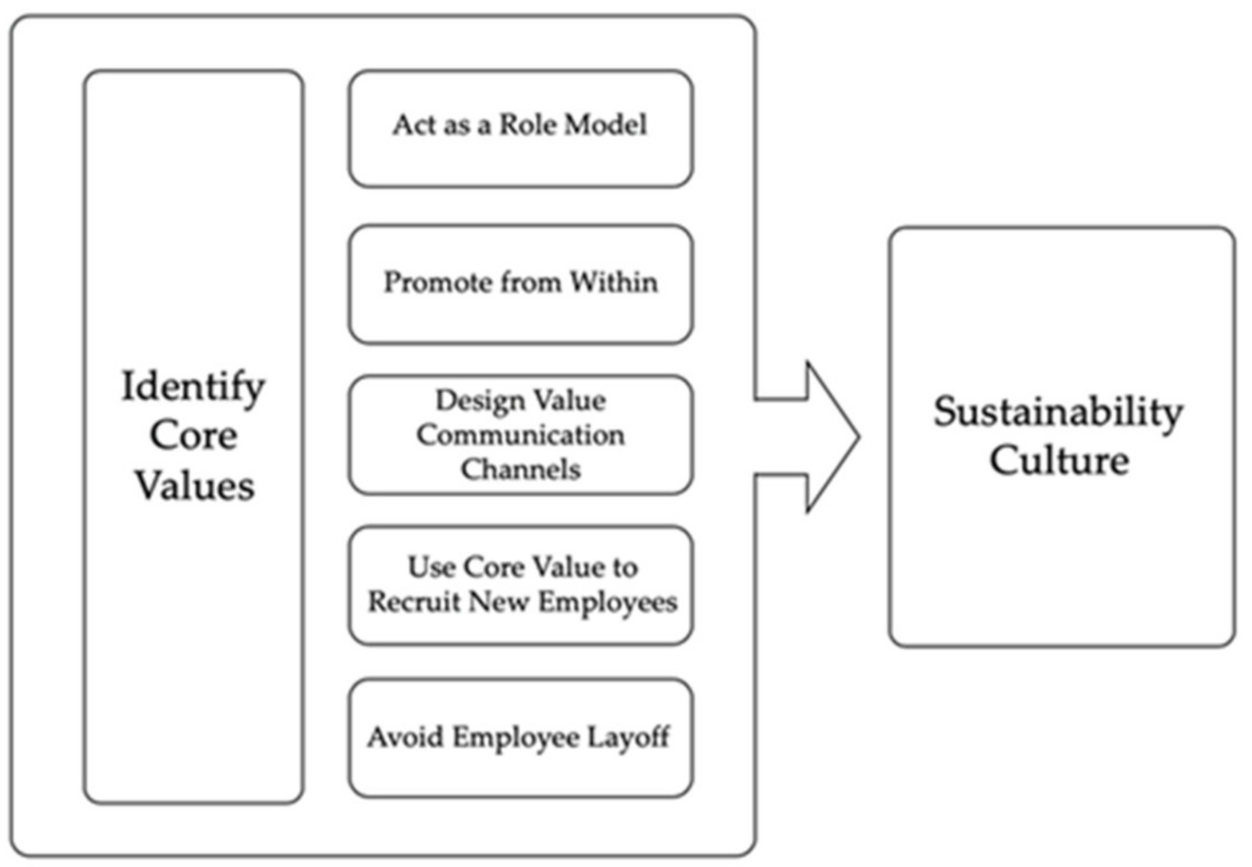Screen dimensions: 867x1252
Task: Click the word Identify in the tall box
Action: coord(193,387)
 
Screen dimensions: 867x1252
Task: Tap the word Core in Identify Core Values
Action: coord(193,435)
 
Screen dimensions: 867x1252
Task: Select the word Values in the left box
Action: coord(194,486)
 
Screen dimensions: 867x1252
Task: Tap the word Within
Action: coord(613,282)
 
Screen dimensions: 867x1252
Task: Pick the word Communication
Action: coord(520,435)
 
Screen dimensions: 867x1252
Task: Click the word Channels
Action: coord(520,469)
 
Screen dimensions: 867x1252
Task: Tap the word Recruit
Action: coord(414,602)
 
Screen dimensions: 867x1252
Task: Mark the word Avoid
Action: coord(405,737)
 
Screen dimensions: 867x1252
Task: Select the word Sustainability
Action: coord(1058,413)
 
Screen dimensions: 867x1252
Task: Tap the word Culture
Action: coord(1059,461)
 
